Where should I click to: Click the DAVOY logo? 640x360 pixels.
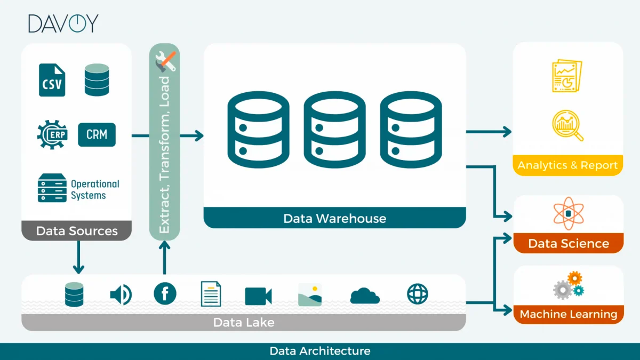click(63, 23)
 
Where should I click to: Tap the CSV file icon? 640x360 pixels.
click(52, 80)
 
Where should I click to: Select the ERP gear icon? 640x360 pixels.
click(52, 134)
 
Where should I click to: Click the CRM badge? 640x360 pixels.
click(97, 134)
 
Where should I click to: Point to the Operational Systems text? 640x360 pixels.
click(95, 189)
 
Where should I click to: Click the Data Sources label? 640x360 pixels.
click(76, 231)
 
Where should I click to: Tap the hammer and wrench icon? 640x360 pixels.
click(165, 62)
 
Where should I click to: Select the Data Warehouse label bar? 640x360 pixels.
click(334, 218)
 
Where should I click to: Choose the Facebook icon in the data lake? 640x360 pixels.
click(165, 294)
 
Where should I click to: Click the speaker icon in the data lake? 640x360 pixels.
click(121, 294)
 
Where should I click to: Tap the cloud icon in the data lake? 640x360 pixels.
click(365, 295)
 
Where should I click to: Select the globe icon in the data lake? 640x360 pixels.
click(417, 294)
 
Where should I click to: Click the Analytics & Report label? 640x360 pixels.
click(567, 165)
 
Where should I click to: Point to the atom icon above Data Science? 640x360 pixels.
click(567, 213)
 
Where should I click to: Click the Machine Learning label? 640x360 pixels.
click(568, 314)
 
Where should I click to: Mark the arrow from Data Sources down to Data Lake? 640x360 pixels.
click(78, 257)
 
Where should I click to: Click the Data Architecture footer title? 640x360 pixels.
click(320, 351)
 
